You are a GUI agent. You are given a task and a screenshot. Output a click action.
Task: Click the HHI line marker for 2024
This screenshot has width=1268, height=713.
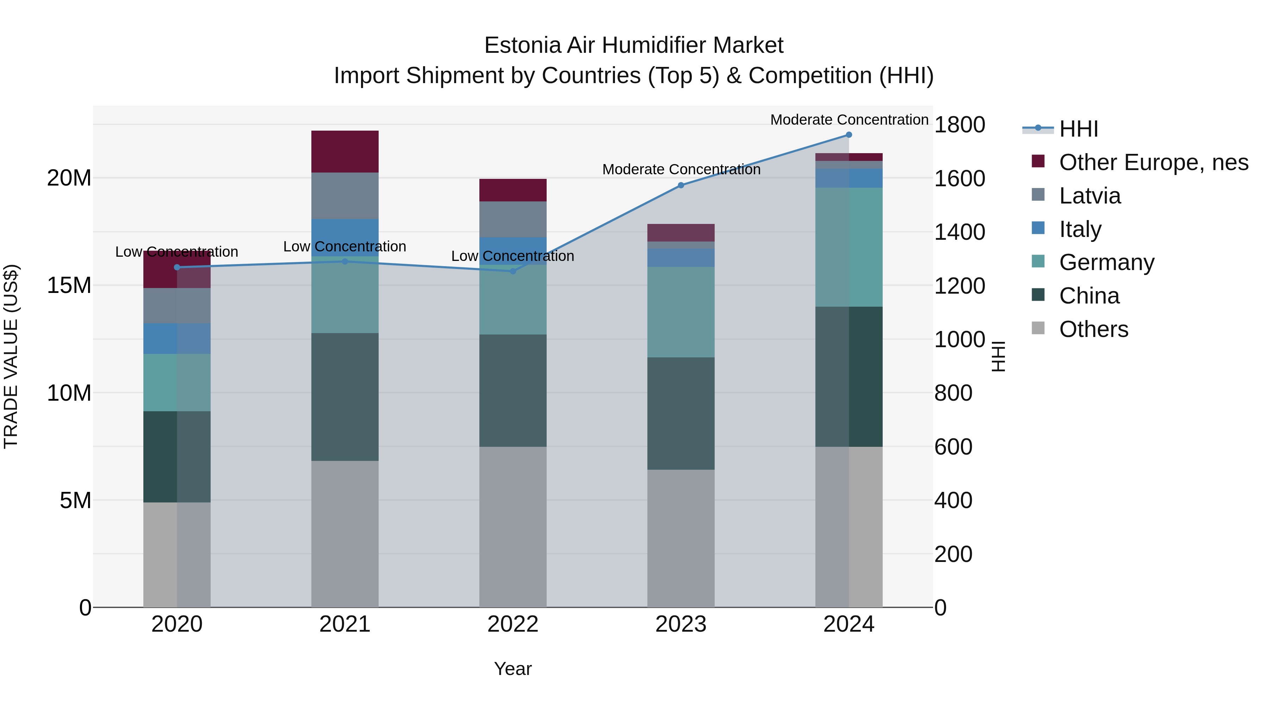tap(849, 135)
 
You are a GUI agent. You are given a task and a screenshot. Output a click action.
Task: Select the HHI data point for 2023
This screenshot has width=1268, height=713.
tap(681, 186)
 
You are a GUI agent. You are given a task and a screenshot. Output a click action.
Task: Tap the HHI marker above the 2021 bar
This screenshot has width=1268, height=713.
tap(344, 261)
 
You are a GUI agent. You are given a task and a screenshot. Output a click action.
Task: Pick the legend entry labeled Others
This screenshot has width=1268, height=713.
tap(1093, 329)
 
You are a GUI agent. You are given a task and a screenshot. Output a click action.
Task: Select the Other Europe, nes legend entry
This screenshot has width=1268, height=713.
tap(1153, 162)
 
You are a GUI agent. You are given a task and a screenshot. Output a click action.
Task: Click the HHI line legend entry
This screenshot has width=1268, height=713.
tap(1078, 129)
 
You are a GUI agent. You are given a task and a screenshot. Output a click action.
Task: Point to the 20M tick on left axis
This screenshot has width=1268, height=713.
tap(69, 178)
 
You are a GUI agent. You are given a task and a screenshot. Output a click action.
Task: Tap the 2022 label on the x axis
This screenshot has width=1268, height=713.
tap(512, 624)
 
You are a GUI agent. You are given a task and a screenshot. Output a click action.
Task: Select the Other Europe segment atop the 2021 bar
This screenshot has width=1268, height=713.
tap(344, 151)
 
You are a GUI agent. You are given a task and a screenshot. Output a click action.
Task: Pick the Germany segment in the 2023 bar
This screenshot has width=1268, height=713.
tap(681, 312)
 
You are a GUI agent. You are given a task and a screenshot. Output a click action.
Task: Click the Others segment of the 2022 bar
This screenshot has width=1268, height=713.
tap(512, 526)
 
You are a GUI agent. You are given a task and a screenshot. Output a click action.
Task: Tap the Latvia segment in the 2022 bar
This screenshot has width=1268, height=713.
tap(512, 219)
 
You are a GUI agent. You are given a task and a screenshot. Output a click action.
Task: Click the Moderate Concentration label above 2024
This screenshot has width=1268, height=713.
tap(849, 120)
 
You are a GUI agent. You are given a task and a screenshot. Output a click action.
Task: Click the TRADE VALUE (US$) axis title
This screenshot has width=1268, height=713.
tap(11, 356)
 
